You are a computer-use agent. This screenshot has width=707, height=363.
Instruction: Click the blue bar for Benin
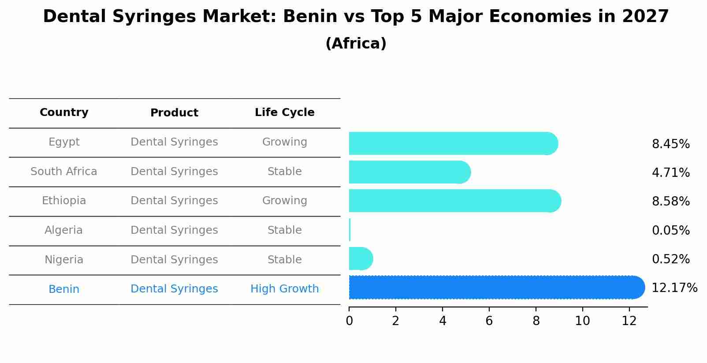(494, 288)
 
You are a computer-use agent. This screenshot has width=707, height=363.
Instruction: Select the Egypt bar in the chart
(450, 143)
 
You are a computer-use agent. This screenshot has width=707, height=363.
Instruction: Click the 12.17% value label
(674, 288)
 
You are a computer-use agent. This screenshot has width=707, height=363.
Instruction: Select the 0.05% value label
(670, 230)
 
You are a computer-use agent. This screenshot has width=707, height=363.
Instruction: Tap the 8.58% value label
(670, 202)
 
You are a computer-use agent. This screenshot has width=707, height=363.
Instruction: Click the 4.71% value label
(670, 172)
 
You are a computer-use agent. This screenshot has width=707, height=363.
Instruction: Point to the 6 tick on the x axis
(489, 321)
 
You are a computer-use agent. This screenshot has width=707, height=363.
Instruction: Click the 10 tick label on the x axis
(582, 321)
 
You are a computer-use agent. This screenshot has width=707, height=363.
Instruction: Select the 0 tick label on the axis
(349, 321)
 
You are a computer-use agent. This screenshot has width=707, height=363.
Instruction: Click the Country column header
(64, 112)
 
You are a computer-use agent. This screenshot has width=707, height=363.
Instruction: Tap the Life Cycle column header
(284, 112)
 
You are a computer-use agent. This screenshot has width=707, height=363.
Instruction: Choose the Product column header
(174, 113)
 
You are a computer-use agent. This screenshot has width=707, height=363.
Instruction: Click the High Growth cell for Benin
(284, 289)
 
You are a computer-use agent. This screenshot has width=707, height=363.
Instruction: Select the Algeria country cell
(64, 230)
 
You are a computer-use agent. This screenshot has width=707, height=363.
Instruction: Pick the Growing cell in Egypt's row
(284, 142)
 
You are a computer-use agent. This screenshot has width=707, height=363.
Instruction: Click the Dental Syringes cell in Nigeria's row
(174, 260)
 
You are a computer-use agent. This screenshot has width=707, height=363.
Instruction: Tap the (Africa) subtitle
(356, 44)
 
